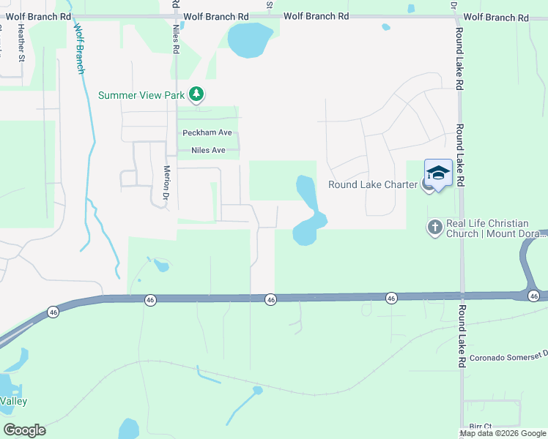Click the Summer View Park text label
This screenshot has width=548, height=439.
[142, 95]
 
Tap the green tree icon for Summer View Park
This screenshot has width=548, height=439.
[196, 94]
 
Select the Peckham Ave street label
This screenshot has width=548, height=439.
[207, 132]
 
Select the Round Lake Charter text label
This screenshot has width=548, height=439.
[372, 184]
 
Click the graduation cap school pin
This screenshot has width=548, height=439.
[438, 173]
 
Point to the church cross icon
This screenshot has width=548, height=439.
[434, 228]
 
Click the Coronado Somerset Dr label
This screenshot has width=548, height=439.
[508, 358]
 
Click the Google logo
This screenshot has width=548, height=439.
[24, 430]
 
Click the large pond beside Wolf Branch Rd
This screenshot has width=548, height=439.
[250, 39]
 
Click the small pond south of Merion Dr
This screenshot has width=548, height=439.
[162, 266]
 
